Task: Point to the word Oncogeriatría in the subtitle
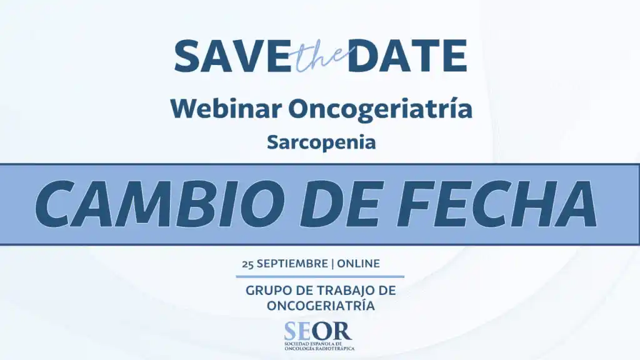tap(381, 109)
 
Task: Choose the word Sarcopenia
tap(321, 142)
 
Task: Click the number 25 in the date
tap(247, 264)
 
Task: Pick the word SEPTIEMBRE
tap(292, 264)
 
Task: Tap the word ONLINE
tap(358, 264)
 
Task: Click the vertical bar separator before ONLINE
tap(332, 264)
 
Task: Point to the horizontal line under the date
tap(320, 277)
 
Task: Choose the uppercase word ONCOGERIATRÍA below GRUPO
tap(321, 305)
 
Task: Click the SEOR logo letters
tap(317, 331)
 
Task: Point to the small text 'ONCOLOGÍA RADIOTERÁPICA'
tap(320, 349)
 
